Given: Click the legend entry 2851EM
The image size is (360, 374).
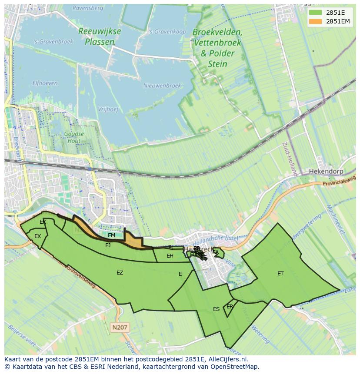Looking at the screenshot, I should (338, 21).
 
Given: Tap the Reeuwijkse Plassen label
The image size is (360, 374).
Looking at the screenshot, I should (100, 36).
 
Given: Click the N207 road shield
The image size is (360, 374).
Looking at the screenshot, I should (120, 328).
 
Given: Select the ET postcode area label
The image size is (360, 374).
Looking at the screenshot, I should (280, 274).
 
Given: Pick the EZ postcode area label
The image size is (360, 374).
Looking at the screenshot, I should (120, 273).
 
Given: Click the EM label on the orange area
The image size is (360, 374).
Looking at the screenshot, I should (112, 235).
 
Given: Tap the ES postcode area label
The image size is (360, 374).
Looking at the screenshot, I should (216, 309).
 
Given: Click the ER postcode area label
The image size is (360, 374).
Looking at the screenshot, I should (230, 306).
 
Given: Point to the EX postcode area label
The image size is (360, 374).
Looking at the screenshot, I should (37, 236).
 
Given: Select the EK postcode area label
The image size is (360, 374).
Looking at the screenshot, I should (43, 222).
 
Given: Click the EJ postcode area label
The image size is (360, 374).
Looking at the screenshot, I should (108, 245).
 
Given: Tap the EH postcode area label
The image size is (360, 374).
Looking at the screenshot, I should (170, 256).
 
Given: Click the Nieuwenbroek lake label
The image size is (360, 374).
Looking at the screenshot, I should (162, 86).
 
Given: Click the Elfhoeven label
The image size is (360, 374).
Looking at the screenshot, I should (45, 83).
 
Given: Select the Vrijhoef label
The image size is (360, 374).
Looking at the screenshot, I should (108, 109).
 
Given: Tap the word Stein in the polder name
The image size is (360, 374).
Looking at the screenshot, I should (217, 64).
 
